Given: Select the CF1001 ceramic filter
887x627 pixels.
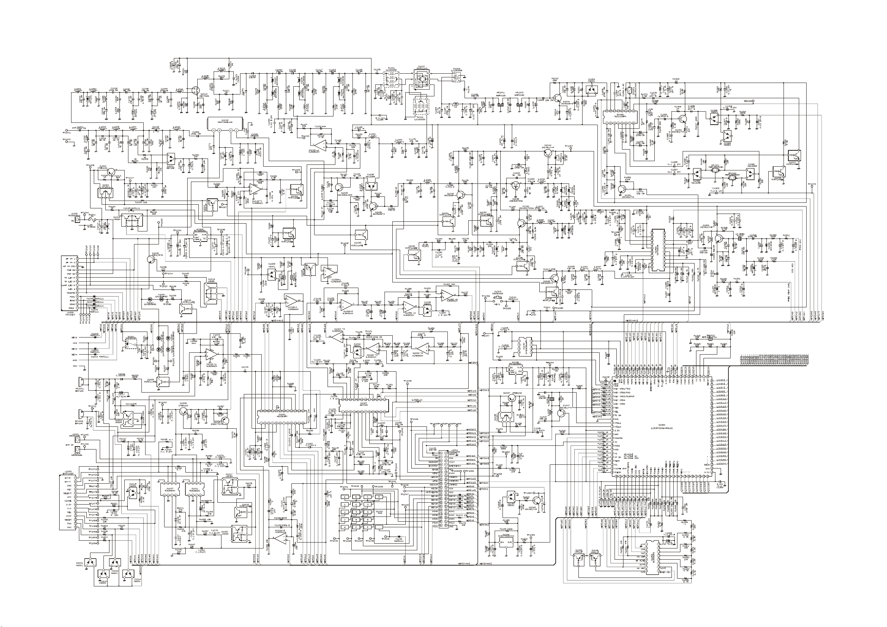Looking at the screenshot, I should pos(715,170).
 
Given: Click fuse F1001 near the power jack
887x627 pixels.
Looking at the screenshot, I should pos(92,219).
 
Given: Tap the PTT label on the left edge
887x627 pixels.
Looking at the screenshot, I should pos(74,343).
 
